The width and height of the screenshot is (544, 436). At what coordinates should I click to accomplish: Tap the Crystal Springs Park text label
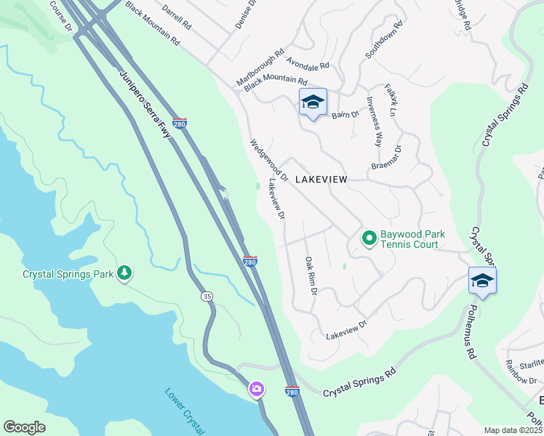(x=68, y=274)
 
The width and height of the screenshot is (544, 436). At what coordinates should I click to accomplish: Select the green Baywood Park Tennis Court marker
(x=369, y=238)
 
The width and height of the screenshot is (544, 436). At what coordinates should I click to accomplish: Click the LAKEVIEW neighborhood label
(x=321, y=179)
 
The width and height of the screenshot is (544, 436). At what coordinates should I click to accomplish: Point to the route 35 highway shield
(x=207, y=296)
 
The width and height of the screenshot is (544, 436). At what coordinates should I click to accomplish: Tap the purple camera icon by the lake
(x=256, y=389)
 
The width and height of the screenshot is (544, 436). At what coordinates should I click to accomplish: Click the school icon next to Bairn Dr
(x=313, y=103)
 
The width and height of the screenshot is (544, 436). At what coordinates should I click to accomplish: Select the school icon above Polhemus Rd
(x=482, y=281)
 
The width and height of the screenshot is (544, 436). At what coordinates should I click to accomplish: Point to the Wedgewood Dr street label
(x=269, y=161)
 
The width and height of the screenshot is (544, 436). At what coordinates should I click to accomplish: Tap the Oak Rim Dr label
(x=311, y=275)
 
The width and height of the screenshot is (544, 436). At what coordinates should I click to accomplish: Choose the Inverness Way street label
(x=374, y=121)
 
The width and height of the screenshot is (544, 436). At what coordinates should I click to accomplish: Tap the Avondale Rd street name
(x=308, y=64)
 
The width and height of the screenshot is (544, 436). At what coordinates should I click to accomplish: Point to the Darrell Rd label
(x=177, y=18)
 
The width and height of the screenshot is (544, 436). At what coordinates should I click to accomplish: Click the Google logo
(x=24, y=427)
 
